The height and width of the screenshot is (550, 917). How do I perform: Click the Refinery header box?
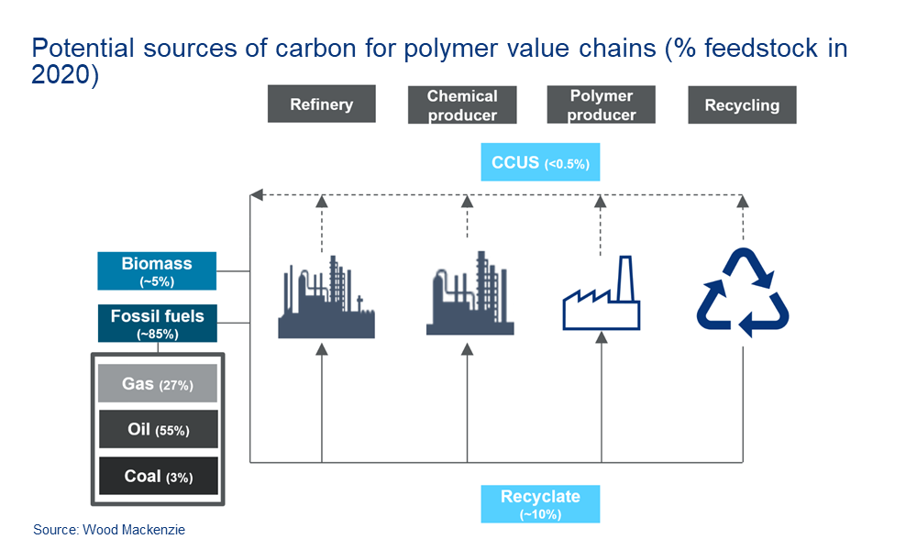(x=321, y=104)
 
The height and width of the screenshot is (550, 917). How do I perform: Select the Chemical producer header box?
(x=463, y=104)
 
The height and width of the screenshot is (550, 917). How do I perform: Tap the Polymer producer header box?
(x=601, y=104)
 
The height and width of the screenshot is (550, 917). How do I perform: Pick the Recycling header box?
(x=742, y=104)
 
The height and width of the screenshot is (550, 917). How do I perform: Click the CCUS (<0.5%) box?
(x=540, y=163)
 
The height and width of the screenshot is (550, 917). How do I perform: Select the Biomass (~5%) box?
(x=157, y=270)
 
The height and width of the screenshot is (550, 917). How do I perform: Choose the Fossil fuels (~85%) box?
(x=157, y=323)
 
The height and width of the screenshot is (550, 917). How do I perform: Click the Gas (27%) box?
(x=158, y=384)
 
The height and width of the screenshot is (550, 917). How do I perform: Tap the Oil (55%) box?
(x=158, y=429)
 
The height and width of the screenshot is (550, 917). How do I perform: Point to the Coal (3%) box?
(x=158, y=476)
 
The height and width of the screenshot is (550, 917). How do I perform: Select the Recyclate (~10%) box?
(x=540, y=503)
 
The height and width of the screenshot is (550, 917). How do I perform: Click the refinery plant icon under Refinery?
(x=326, y=298)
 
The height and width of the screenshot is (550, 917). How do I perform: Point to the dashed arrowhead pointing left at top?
(x=258, y=194)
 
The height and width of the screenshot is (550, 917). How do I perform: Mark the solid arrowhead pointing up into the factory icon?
(x=602, y=339)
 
